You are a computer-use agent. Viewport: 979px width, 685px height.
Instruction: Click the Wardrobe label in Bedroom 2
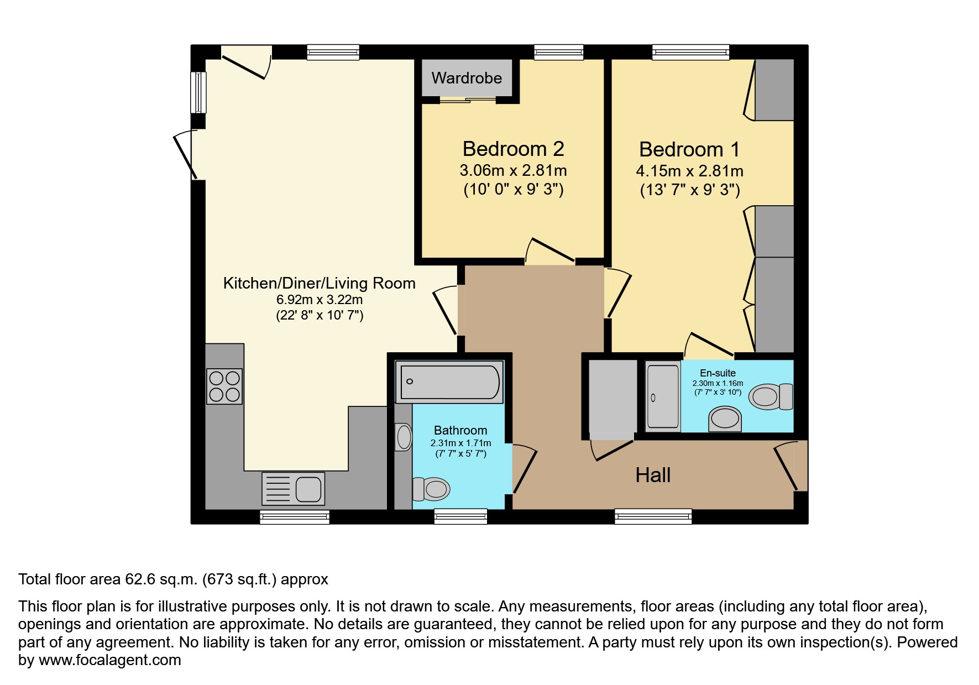(467, 78)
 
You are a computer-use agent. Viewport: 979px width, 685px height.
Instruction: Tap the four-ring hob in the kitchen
(224, 386)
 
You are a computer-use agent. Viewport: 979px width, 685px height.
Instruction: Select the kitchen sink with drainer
(293, 489)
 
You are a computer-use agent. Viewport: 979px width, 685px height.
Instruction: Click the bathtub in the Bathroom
(449, 381)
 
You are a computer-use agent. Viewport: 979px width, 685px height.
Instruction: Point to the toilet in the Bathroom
(431, 489)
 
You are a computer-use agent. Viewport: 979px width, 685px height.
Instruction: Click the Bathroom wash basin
(404, 437)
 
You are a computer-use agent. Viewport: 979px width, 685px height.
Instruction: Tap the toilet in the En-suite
(771, 396)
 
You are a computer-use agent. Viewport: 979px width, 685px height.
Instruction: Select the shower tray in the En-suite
(663, 396)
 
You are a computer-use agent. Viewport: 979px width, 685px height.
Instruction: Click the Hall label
(653, 475)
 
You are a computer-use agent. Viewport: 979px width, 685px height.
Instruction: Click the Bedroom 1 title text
(689, 149)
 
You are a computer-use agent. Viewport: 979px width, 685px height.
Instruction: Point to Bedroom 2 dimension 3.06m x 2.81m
(513, 170)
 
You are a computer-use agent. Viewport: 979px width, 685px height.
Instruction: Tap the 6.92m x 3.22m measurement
(320, 300)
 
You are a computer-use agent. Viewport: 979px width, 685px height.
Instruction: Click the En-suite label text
(718, 373)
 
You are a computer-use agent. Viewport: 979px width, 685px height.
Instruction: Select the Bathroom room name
(460, 430)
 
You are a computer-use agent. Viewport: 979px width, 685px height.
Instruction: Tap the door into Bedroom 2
(550, 252)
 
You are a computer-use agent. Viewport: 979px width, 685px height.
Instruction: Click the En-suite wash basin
(725, 419)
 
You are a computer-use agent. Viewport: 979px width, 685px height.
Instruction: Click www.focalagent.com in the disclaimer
(109, 660)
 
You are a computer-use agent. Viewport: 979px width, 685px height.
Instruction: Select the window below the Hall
(653, 516)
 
